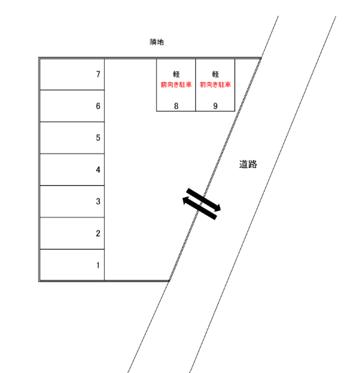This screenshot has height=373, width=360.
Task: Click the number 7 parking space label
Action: [x=98, y=74]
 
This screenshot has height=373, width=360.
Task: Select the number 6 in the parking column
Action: [x=98, y=106]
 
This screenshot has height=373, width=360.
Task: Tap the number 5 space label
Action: [x=98, y=138]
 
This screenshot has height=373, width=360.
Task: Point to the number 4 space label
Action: [x=98, y=170]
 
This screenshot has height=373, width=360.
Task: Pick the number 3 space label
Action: [x=98, y=202]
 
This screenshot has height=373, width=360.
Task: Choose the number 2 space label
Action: [x=98, y=233]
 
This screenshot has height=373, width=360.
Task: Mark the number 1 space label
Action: [x=98, y=265]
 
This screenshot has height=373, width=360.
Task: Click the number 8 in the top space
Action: [x=176, y=106]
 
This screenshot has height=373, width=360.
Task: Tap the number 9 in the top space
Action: [x=215, y=106]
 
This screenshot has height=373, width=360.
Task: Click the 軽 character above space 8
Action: [x=176, y=74]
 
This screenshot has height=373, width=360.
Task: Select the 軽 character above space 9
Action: [x=215, y=74]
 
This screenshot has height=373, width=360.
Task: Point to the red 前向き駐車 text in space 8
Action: [x=176, y=85]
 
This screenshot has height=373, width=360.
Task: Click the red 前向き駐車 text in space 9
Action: [x=215, y=85]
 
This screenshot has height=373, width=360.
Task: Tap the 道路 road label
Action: [x=248, y=164]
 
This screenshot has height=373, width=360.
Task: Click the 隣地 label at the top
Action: [x=157, y=42]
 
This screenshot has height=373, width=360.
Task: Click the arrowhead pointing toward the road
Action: [x=217, y=207]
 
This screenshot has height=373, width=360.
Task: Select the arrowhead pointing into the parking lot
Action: [x=186, y=201]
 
